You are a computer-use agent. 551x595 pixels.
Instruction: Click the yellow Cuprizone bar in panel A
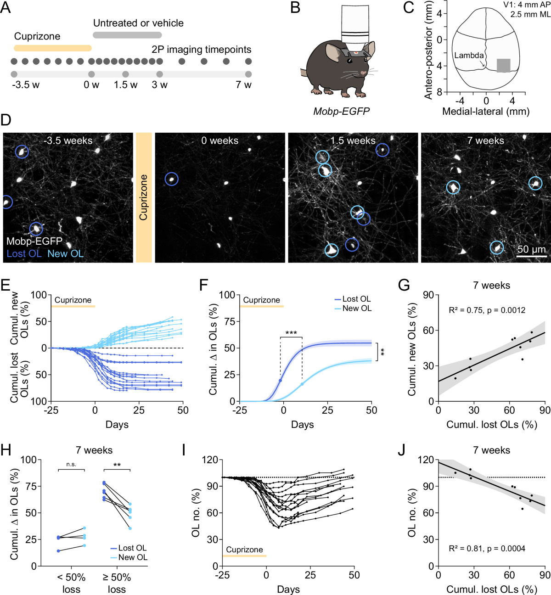pos(52,48)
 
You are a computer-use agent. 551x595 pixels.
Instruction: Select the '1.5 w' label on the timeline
pos(125,85)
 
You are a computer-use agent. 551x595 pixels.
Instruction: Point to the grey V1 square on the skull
pos(503,65)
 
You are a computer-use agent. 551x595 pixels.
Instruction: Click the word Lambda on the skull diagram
pos(468,56)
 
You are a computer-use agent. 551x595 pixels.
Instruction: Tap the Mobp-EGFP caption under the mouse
pos(341,111)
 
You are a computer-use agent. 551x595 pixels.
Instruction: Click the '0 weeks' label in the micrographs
pos(219,140)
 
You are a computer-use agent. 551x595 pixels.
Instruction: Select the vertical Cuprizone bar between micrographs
pos(144,197)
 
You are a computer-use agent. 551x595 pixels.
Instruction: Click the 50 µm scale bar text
pos(531,249)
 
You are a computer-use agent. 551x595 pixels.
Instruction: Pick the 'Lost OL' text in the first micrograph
pos(24,253)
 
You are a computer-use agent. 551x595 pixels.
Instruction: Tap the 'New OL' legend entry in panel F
pos(357,309)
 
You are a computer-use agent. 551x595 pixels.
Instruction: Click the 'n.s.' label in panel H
pos(71,465)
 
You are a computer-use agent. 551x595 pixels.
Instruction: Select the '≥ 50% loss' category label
pos(117,583)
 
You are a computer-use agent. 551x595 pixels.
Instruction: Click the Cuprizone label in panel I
pos(244,550)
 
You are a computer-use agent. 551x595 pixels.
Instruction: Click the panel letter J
pos(401,450)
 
